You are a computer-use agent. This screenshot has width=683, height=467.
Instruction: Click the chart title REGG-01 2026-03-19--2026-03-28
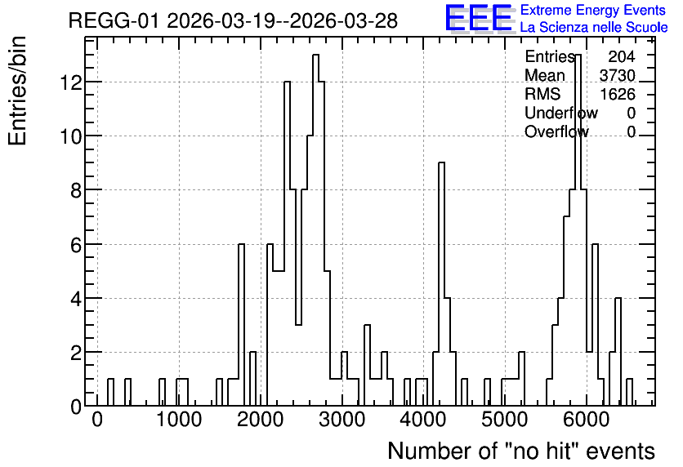[233, 20]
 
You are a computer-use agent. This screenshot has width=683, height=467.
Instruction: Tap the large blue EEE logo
[479, 18]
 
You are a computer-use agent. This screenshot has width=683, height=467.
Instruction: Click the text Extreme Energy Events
[593, 10]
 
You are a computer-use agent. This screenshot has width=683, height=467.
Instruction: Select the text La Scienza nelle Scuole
[594, 27]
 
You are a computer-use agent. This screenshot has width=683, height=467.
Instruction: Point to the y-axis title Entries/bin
[17, 91]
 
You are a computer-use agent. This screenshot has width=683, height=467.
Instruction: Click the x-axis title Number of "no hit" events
[521, 451]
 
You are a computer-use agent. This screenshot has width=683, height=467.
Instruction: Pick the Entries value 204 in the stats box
[622, 56]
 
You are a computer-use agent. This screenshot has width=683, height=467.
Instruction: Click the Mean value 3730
[617, 75]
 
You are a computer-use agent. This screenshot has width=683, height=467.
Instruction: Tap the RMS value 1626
[618, 94]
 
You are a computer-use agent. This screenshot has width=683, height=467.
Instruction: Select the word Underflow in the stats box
[561, 113]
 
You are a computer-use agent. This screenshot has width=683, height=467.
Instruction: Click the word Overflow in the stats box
[556, 132]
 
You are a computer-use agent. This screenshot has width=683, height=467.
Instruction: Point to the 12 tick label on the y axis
[71, 82]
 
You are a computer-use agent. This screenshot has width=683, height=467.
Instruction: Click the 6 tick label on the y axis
[76, 245]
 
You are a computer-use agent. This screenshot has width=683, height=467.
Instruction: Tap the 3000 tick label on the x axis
[342, 420]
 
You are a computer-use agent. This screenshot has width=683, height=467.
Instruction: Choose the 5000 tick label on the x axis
[505, 420]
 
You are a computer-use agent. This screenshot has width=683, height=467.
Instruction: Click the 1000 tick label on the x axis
[179, 420]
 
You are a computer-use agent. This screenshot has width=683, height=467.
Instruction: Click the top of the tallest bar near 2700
[316, 55]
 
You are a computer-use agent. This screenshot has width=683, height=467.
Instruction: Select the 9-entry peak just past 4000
[441, 162]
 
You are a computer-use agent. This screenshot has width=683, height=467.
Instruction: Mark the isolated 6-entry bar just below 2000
[241, 244]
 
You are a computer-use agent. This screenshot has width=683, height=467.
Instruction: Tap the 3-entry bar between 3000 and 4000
[367, 325]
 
